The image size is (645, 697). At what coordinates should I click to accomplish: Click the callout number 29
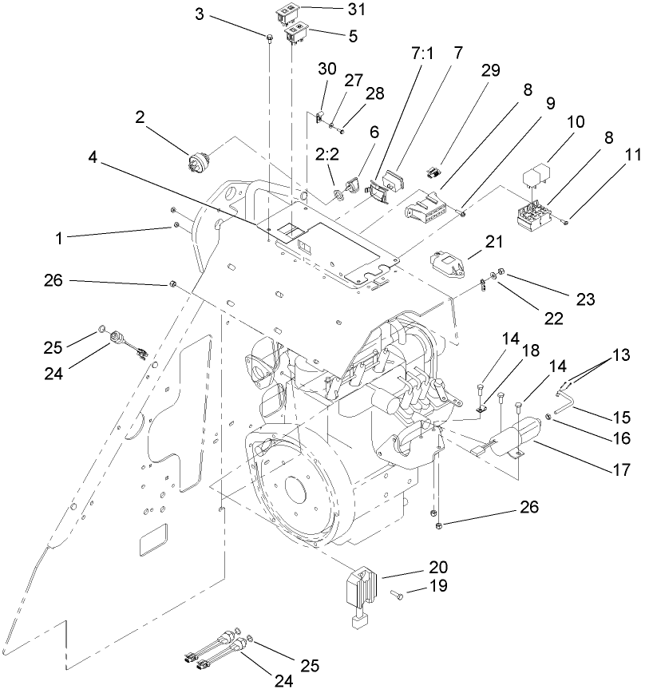coord(490,69)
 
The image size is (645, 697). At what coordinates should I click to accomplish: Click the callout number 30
coord(324,69)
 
